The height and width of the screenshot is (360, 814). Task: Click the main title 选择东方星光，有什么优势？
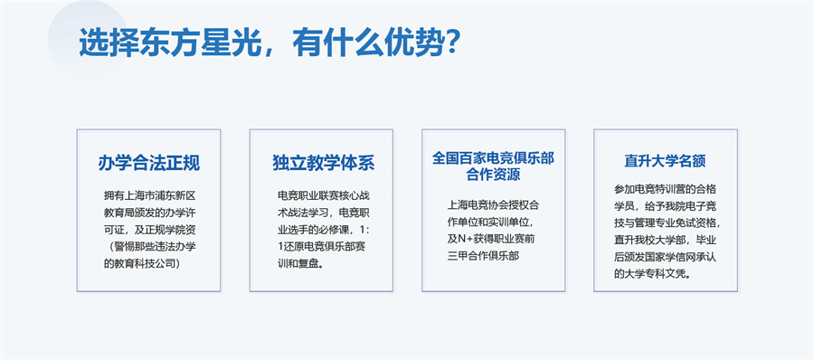(271, 43)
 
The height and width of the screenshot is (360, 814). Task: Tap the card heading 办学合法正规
(148, 164)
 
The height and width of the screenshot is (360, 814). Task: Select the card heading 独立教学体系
(323, 164)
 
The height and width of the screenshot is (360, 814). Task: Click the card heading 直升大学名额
(665, 161)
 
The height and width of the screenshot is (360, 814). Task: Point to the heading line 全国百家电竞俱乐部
(493, 157)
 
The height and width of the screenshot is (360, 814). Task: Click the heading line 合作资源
(493, 175)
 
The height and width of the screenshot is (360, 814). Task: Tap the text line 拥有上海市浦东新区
(148, 194)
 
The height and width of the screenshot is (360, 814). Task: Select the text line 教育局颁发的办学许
(148, 212)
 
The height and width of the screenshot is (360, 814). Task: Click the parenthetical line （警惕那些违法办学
(148, 246)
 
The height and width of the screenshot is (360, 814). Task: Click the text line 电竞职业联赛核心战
(321, 194)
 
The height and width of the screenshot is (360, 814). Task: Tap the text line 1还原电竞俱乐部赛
(319, 246)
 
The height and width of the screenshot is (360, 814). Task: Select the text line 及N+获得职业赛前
(493, 238)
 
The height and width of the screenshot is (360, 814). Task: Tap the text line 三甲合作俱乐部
(484, 256)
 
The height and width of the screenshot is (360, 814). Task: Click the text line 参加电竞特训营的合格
(666, 188)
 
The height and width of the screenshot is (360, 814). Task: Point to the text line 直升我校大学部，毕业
(666, 240)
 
